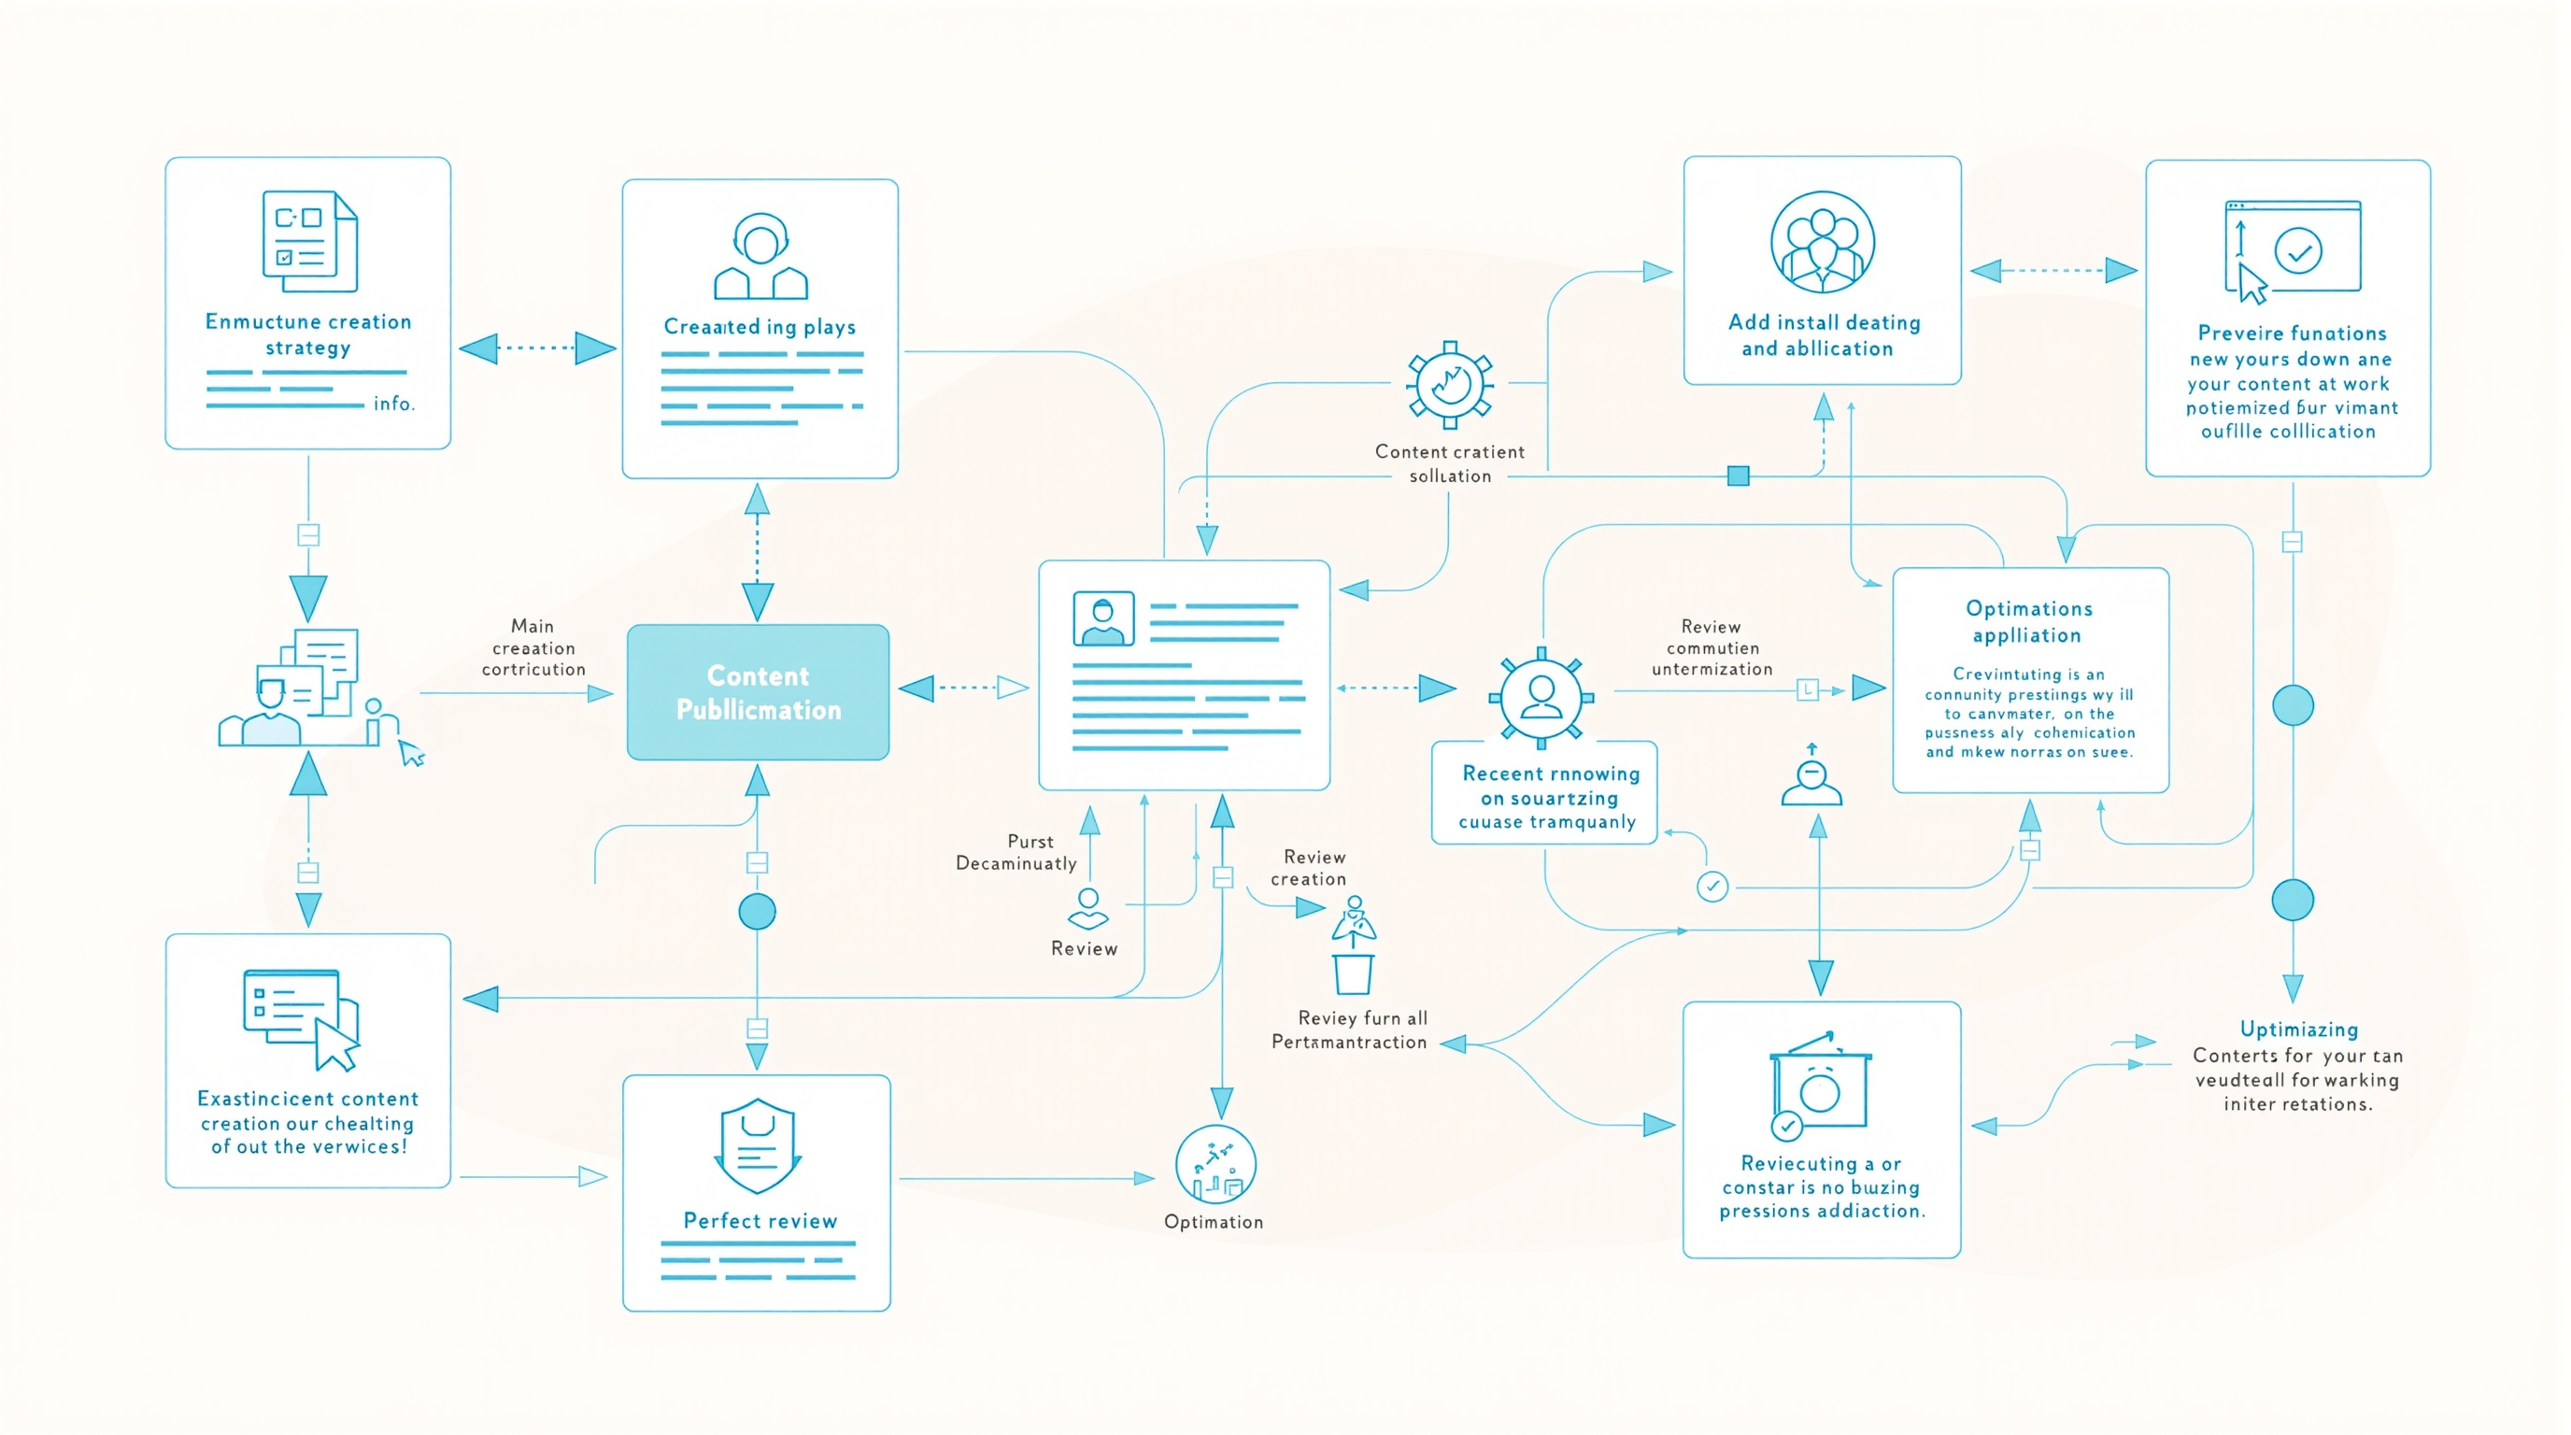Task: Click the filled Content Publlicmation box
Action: (758, 691)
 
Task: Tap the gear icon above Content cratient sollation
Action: (1449, 385)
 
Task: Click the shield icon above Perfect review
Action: (758, 1146)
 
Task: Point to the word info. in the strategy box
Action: (393, 404)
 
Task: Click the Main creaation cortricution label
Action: (533, 647)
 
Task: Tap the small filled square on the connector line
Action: (1738, 476)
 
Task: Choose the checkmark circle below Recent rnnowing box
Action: (1712, 887)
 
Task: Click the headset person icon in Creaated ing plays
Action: (760, 257)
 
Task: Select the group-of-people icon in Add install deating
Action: (1822, 243)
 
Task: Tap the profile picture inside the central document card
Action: (1102, 618)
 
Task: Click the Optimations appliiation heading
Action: (2028, 621)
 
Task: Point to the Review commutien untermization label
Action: (1712, 647)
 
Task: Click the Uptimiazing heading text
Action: (2298, 1029)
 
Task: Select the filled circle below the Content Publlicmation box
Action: (757, 911)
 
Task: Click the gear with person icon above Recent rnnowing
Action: (1541, 698)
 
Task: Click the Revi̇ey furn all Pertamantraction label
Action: (1350, 1030)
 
